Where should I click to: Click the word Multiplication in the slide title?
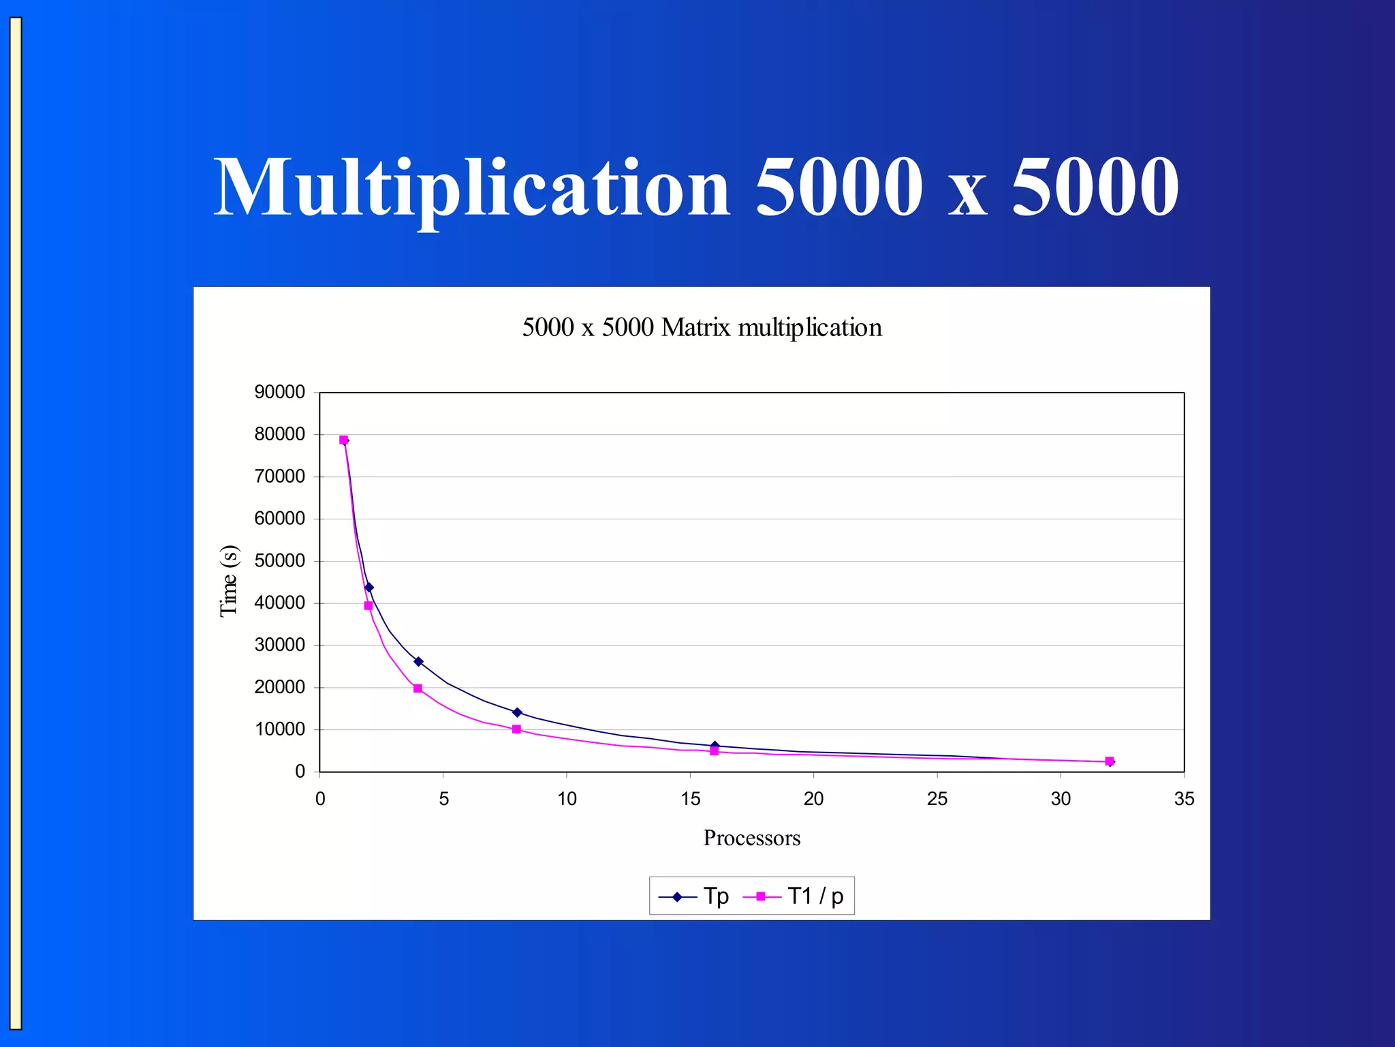(x=471, y=187)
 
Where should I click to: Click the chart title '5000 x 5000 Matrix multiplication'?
(x=702, y=328)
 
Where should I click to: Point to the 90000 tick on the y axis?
(x=279, y=392)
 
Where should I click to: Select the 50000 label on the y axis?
(x=279, y=561)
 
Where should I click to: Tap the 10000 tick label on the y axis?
(x=279, y=729)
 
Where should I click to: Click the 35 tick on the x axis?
(x=1184, y=799)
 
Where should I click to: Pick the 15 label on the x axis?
(x=690, y=799)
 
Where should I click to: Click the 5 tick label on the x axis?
(x=443, y=799)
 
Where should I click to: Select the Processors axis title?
(x=751, y=838)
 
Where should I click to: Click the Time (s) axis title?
(x=229, y=581)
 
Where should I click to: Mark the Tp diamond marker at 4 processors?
(x=418, y=662)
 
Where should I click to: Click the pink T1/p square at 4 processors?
(x=418, y=688)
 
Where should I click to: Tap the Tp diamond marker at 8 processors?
(x=517, y=712)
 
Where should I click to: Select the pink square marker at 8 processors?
(x=516, y=729)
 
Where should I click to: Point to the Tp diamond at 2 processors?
(x=369, y=588)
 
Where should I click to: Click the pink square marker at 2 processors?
(x=369, y=605)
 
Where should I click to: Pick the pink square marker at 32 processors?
(x=1110, y=761)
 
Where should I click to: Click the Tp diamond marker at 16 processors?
(x=715, y=746)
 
